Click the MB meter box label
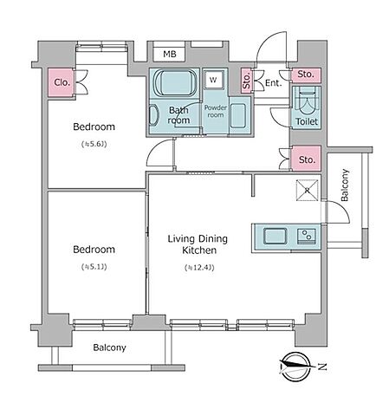pyautogui.click(x=170, y=54)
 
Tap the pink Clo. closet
pyautogui.click(x=62, y=82)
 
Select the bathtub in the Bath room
pyautogui.click(x=175, y=82)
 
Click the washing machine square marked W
pyautogui.click(x=213, y=80)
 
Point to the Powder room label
pyautogui.click(x=216, y=111)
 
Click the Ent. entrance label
pyautogui.click(x=273, y=83)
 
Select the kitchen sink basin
pyautogui.click(x=276, y=236)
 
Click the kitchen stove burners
pyautogui.click(x=307, y=236)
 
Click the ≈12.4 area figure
pyautogui.click(x=199, y=268)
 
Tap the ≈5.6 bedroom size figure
pyautogui.click(x=94, y=144)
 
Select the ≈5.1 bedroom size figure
pyautogui.click(x=94, y=267)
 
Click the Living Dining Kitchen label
pyautogui.click(x=198, y=244)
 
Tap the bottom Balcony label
pyautogui.click(x=109, y=348)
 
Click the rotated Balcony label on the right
pyautogui.click(x=345, y=185)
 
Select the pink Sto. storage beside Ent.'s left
pyautogui.click(x=246, y=81)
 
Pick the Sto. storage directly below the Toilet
pyautogui.click(x=307, y=159)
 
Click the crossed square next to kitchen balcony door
pyautogui.click(x=308, y=190)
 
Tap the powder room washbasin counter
pyautogui.click(x=239, y=115)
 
